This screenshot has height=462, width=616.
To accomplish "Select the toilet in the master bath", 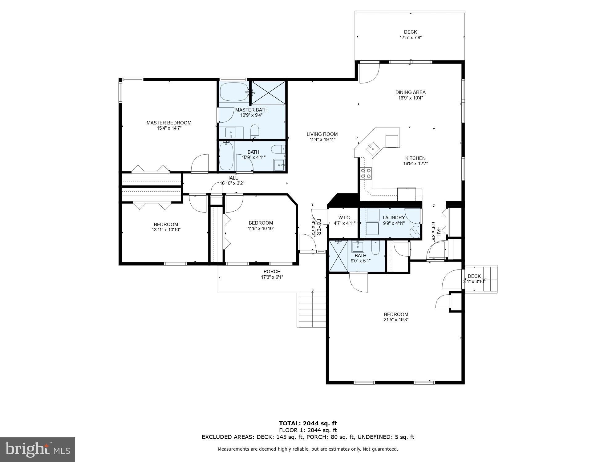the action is (x=255, y=132).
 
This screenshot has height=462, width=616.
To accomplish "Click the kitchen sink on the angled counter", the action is (x=373, y=149).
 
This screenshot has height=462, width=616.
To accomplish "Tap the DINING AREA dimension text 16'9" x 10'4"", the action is (x=411, y=98).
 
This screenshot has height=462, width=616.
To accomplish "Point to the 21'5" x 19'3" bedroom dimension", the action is (x=396, y=320).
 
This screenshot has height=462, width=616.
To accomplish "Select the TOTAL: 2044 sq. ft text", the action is (x=308, y=423).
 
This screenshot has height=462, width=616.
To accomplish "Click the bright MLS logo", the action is (x=38, y=450).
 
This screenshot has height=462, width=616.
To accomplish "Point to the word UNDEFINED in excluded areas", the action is (x=374, y=437).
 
